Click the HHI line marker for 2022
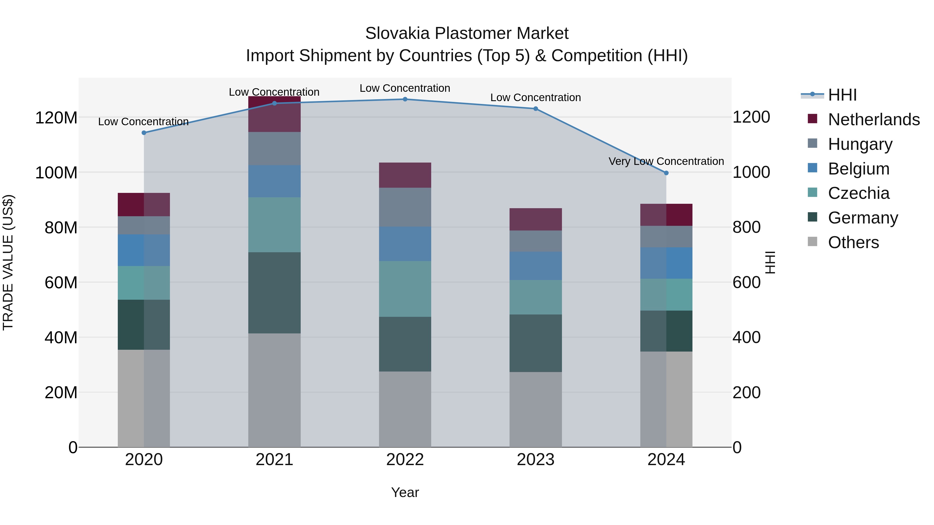point(405,99)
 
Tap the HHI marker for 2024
point(666,173)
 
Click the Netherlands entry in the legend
point(874,120)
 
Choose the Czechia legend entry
point(859,193)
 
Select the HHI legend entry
point(842,95)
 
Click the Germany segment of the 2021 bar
point(274,293)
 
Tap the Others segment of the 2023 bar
point(535,409)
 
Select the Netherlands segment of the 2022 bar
point(405,175)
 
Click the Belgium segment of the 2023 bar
point(535,266)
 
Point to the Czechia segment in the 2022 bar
point(405,289)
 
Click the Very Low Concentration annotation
point(666,161)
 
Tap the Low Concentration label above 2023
point(535,97)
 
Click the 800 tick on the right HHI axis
point(746,228)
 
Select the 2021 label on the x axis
point(274,460)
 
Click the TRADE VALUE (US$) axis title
point(8,262)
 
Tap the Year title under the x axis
point(405,492)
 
